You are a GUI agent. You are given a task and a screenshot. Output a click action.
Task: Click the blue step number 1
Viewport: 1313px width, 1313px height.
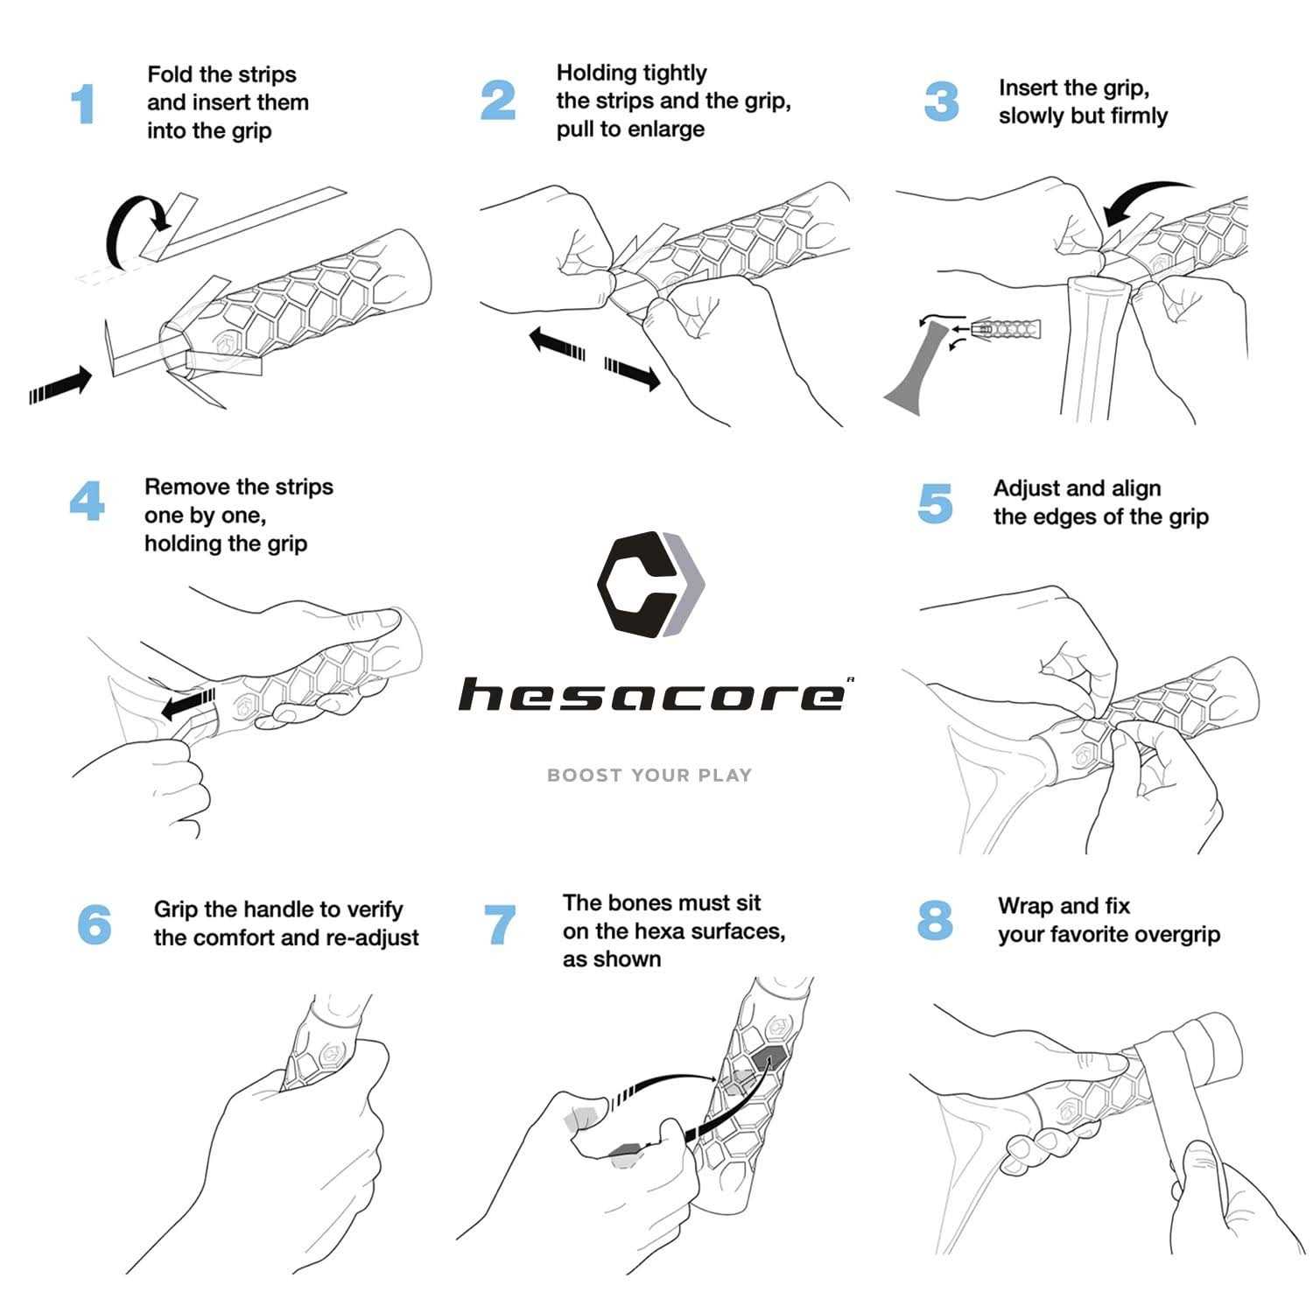(82, 105)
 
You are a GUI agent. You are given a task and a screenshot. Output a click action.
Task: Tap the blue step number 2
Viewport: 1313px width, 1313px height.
(498, 101)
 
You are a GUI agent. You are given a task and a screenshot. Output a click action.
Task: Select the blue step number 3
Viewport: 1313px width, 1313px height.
(941, 102)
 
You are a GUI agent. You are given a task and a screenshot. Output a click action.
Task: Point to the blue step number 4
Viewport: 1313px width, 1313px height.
(87, 502)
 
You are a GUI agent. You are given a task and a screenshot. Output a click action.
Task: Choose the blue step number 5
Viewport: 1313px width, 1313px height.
(935, 503)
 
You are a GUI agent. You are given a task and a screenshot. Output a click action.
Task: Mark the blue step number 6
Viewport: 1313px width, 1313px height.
(94, 925)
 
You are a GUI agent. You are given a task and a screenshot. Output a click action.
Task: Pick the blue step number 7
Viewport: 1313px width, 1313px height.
(500, 925)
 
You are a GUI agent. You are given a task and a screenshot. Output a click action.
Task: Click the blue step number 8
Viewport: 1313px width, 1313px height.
(935, 921)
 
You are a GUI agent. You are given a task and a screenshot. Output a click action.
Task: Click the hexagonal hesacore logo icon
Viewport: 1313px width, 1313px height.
(650, 583)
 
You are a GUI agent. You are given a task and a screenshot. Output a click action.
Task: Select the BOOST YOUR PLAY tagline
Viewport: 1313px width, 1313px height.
(649, 776)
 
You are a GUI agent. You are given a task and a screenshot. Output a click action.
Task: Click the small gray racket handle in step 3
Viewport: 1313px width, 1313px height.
(919, 368)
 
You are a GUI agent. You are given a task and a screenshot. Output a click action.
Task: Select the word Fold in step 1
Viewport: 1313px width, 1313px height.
(168, 75)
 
